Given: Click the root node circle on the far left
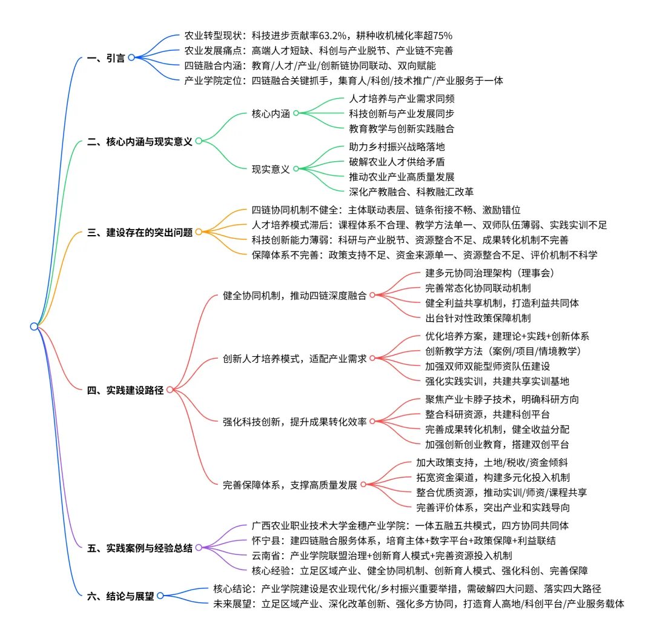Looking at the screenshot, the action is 34,327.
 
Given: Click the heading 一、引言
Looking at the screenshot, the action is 107,58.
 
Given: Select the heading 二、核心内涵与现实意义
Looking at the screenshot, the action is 140,142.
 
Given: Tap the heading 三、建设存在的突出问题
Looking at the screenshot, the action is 140,232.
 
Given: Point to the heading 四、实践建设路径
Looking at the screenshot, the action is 125,390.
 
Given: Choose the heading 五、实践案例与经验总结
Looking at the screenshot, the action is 140,548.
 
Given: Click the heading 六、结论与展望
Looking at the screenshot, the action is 121,596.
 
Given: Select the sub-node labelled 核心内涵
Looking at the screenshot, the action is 271,113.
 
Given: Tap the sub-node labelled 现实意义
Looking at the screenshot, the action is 271,169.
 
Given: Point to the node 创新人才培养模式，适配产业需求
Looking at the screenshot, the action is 294,359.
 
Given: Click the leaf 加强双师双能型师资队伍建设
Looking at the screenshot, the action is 487,366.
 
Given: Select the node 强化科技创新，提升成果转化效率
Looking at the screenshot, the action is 294,422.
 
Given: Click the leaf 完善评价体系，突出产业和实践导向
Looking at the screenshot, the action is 492,508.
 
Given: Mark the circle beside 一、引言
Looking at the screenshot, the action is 131,58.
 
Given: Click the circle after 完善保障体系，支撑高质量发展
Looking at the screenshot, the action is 362,485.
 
